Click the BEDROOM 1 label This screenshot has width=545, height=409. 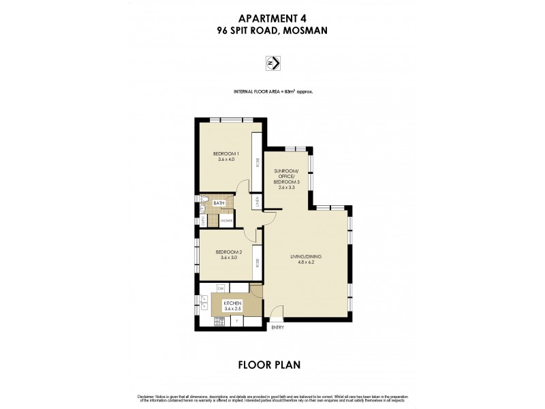tap(224, 154)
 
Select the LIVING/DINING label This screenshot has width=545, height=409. tap(308, 256)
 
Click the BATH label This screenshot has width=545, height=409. tap(219, 203)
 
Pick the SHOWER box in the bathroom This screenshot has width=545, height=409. tap(227, 221)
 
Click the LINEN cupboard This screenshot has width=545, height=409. tap(257, 202)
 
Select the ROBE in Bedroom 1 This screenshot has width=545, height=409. tap(257, 162)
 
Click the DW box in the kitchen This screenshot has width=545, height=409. tap(221, 290)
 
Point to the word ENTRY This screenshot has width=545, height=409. tap(278, 327)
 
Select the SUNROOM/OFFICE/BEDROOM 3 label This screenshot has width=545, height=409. tap(286, 180)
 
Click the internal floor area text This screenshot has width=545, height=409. tap(272, 91)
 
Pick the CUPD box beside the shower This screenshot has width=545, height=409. tap(203, 220)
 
